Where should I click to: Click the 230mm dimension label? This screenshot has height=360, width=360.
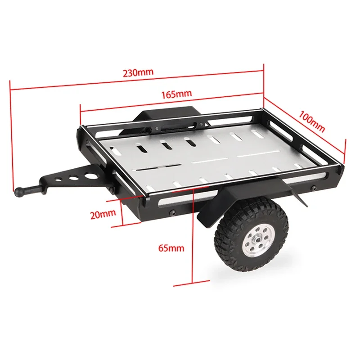[138, 72]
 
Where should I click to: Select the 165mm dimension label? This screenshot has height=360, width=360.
[176, 94]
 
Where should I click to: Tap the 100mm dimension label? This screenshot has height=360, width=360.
[311, 121]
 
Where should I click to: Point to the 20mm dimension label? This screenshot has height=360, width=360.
[103, 214]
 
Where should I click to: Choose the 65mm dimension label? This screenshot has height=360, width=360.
[171, 248]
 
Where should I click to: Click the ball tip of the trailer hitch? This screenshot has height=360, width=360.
[19, 191]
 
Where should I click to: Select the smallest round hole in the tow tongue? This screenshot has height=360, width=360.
[59, 179]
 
